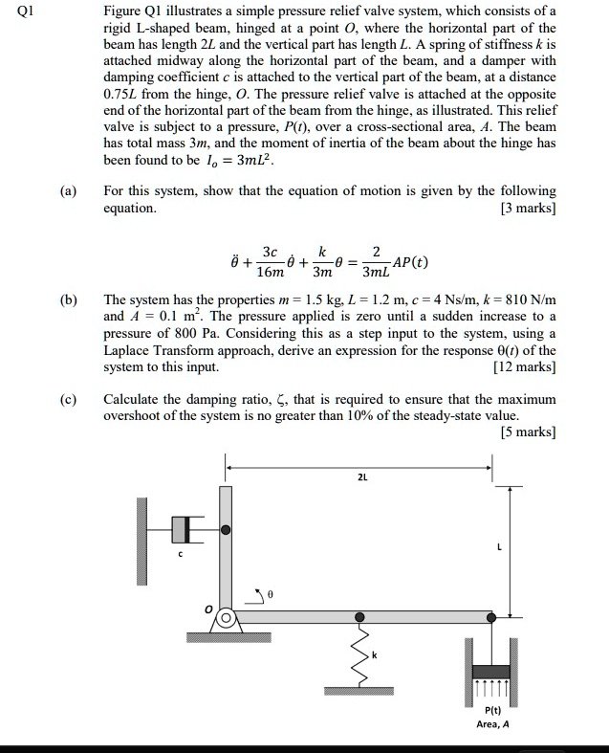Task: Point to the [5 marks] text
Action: [528, 432]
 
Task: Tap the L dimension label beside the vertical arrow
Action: [526, 547]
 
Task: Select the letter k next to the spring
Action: [375, 654]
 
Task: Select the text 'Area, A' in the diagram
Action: [493, 724]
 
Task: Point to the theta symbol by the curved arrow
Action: [271, 594]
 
